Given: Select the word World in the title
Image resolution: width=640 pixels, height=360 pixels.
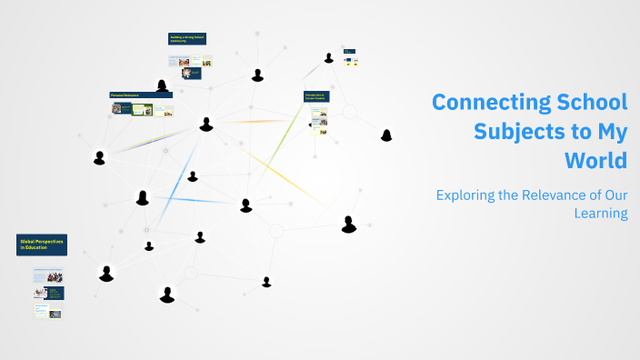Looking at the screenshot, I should (x=595, y=160).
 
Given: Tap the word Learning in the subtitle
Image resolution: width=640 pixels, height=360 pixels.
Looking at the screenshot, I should (x=601, y=214).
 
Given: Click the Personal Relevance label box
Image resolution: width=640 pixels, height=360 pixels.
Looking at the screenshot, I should (x=141, y=95).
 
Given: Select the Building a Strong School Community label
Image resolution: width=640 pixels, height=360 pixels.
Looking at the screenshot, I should (x=188, y=39).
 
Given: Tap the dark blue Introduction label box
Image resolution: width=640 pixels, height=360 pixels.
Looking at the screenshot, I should (x=316, y=96).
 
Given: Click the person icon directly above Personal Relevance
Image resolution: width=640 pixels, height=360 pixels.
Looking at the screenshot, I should (x=162, y=85).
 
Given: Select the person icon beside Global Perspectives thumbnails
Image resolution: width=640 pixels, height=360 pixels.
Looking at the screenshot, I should (x=106, y=273).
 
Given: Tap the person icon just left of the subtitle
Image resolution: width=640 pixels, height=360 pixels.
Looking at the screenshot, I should (x=348, y=224).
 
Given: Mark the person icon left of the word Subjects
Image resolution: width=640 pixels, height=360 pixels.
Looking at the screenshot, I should (x=386, y=135).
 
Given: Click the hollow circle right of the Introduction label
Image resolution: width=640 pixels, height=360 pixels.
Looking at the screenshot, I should (x=348, y=112).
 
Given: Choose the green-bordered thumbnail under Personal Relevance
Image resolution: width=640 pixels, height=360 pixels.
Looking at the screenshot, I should (x=141, y=110).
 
